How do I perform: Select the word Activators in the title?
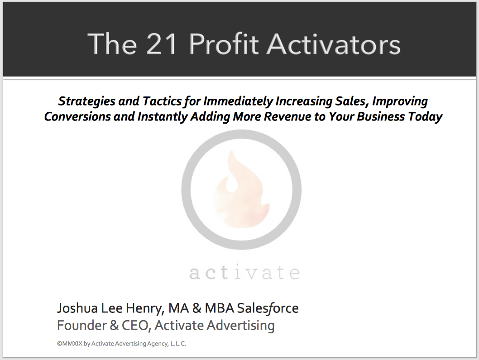click(x=334, y=44)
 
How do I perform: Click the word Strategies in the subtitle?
click(x=87, y=101)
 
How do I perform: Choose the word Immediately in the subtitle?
click(x=238, y=101)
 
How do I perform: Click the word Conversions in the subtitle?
click(x=77, y=117)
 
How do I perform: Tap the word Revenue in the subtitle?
click(x=287, y=117)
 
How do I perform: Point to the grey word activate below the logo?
click(x=244, y=273)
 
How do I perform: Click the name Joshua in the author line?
click(x=77, y=308)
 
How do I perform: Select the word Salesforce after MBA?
click(x=268, y=308)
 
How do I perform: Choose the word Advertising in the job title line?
click(x=241, y=326)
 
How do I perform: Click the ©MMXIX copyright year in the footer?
click(x=70, y=344)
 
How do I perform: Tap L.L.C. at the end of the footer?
click(x=178, y=344)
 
